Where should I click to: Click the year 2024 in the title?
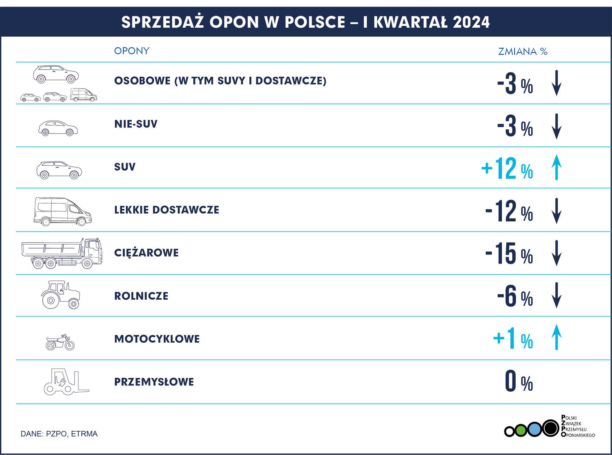click(x=471, y=22)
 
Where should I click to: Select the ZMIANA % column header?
click(x=522, y=51)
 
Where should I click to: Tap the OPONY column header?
click(x=132, y=51)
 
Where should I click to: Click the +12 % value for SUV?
click(x=507, y=168)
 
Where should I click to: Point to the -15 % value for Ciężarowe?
click(x=509, y=254)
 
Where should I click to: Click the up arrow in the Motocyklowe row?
click(x=557, y=337)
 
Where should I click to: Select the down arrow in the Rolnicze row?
click(x=557, y=295)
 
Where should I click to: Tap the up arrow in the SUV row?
click(x=557, y=167)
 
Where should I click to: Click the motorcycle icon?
click(x=60, y=342)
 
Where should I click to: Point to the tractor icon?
click(x=61, y=295)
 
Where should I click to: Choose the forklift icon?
click(x=66, y=382)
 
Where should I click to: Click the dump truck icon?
click(x=62, y=253)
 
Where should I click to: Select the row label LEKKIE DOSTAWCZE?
click(x=166, y=210)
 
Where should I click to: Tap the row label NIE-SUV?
click(x=136, y=124)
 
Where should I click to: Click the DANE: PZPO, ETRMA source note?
click(x=59, y=434)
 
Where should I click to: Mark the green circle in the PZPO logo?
click(x=521, y=431)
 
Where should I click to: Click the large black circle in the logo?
click(x=550, y=428)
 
